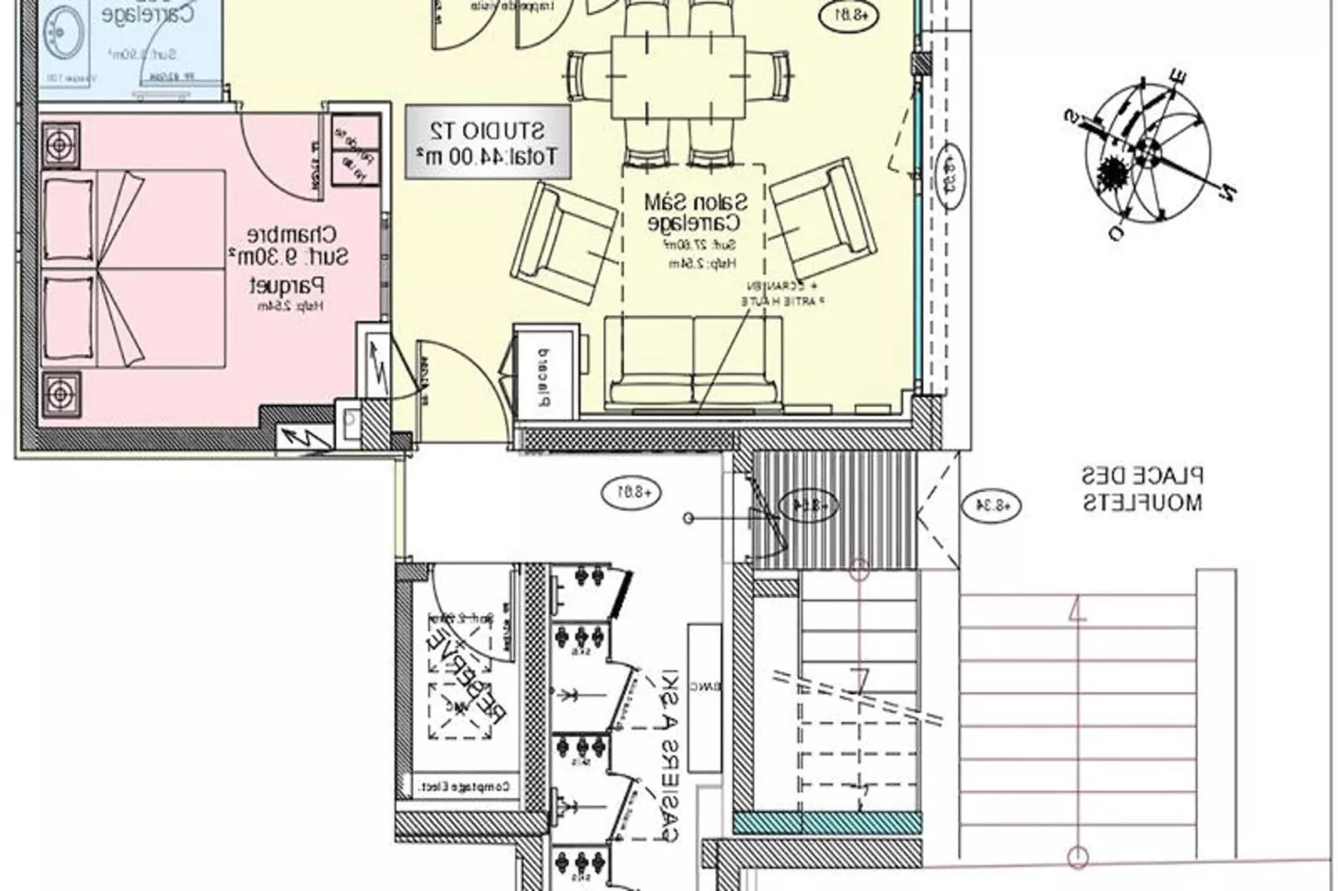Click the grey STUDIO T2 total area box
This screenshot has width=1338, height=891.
488,142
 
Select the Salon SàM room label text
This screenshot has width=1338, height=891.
694,212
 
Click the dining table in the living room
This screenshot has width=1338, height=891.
677,77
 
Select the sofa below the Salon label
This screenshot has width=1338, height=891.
694,364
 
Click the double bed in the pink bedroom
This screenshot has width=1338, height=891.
133,268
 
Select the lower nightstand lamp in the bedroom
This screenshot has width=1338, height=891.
60,392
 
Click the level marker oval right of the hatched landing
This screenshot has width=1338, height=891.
991,505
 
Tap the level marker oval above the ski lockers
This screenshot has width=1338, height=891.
631,492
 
